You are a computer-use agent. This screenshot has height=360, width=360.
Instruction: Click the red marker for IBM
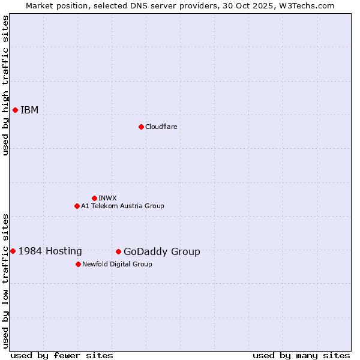[15, 110]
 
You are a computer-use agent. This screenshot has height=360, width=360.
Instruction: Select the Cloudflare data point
[141, 127]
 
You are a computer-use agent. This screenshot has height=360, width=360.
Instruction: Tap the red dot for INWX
[94, 198]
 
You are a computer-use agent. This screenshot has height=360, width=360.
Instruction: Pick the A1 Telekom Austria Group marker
[77, 206]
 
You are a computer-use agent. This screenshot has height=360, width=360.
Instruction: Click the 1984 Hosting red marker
[13, 251]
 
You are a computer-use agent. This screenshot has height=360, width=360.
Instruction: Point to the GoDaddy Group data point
[118, 251]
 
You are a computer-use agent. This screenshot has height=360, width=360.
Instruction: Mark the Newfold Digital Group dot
[78, 264]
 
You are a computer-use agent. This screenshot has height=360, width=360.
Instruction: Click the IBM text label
[29, 110]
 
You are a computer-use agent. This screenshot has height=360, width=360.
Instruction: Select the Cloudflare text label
[161, 127]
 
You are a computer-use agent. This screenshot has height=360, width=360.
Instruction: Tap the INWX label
[107, 198]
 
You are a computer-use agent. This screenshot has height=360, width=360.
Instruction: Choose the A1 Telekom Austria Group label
[122, 206]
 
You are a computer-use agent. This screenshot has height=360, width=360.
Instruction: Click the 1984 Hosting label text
[50, 251]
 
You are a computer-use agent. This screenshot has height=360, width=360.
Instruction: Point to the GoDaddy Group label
[162, 252]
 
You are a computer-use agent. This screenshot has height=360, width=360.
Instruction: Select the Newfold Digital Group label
[117, 264]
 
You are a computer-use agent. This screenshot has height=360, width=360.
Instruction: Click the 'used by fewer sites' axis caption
[62, 355]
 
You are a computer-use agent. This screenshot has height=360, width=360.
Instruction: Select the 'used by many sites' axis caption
[301, 355]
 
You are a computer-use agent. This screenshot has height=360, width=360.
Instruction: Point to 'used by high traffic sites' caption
[5, 85]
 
